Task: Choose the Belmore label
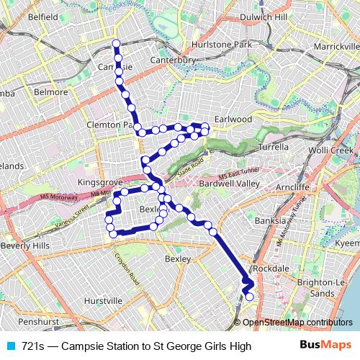(50, 92)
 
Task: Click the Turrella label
(273, 146)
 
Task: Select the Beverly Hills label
(26, 246)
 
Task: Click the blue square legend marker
(10, 346)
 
